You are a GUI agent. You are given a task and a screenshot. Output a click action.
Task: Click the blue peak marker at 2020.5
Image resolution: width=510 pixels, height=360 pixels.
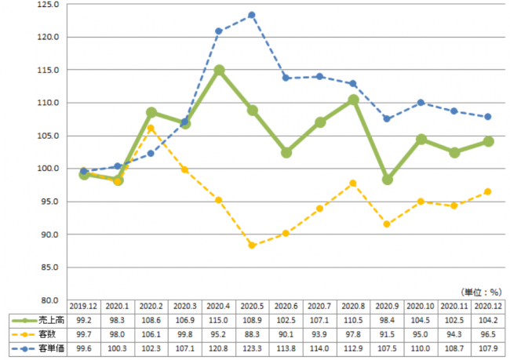252,15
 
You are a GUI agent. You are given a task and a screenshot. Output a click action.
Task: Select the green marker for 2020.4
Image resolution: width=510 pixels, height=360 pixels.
219,70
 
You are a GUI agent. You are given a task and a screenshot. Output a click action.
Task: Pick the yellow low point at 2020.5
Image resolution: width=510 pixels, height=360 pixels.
252,245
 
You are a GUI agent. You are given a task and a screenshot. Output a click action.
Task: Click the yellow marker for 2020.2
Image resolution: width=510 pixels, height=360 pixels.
151,129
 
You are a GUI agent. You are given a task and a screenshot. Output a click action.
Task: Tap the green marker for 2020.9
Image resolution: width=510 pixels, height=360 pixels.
387,180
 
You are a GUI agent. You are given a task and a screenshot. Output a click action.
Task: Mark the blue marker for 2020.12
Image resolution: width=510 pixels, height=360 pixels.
487,117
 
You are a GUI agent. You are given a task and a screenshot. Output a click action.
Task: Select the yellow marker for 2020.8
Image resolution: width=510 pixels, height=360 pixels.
353,183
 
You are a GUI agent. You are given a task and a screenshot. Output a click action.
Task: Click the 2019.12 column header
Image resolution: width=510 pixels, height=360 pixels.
84,307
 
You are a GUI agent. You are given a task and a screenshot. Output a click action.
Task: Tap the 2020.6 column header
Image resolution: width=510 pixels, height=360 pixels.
286,307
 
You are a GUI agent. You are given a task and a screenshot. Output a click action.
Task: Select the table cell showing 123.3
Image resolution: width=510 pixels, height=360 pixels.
252,347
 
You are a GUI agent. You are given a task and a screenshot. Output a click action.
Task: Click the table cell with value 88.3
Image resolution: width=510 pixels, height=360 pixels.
252,334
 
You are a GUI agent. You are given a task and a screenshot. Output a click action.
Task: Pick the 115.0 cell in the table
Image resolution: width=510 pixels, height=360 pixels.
219,321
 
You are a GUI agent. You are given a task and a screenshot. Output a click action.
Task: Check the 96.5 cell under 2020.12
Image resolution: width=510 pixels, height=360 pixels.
487,334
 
